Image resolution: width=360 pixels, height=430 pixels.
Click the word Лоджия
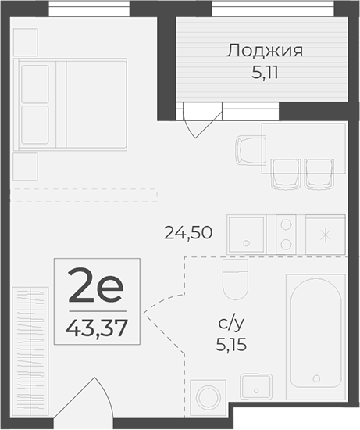click(265, 52)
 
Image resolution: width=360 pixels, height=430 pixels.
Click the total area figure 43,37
click(97, 323)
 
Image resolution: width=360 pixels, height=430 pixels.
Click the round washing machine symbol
click(208, 398)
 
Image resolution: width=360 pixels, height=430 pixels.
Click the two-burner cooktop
click(285, 231)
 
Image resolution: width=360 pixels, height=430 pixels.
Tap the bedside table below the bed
click(26, 166)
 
